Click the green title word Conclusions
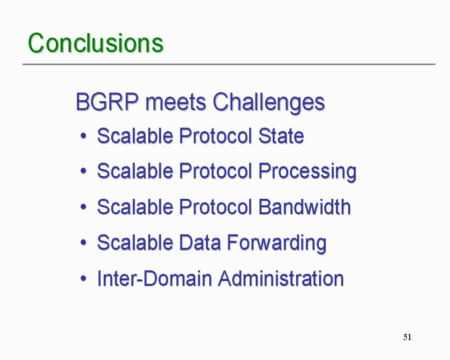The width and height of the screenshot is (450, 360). coord(96,43)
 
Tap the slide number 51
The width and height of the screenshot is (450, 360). coord(407,337)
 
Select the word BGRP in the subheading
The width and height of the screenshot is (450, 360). coord(107,102)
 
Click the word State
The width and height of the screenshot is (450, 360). coord(281,136)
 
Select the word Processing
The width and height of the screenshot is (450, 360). coord(307,172)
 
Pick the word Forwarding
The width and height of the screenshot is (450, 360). coord(277,243)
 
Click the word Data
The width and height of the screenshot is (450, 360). coord(200,242)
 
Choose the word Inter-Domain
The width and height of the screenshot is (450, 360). coord(154,278)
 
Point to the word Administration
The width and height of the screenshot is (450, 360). coord(281,278)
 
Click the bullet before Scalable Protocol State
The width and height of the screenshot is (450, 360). coord(83,136)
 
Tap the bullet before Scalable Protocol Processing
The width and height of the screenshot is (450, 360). coord(83,171)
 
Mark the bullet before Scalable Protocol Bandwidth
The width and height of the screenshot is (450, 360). coord(83,207)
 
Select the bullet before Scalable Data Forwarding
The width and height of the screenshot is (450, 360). coord(83,243)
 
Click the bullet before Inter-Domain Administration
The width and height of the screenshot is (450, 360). coord(83,278)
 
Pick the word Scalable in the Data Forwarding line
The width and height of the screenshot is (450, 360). coord(135,242)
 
